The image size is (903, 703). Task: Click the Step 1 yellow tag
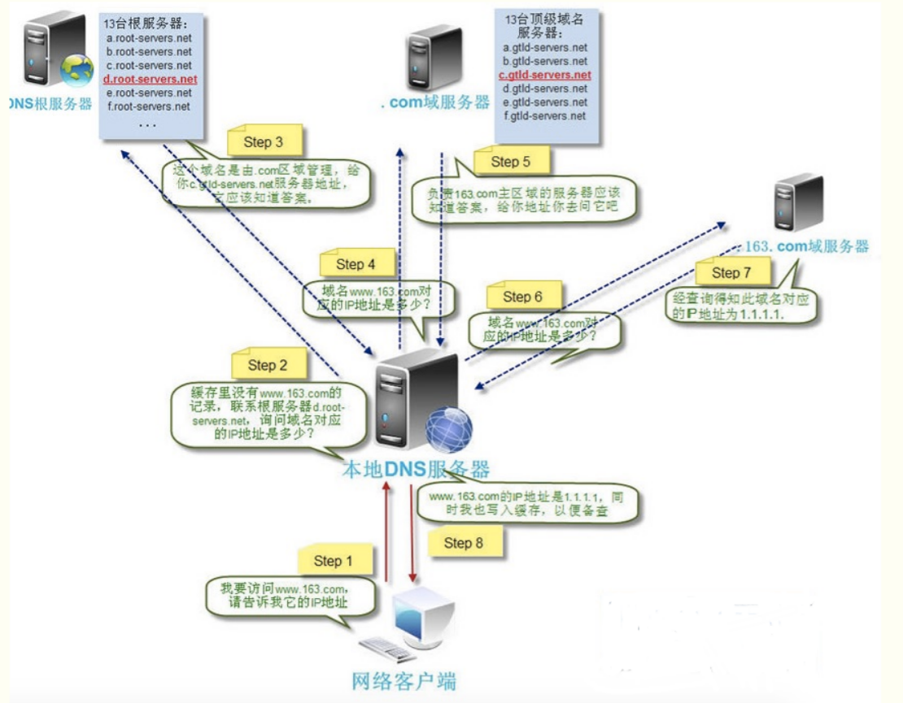334,560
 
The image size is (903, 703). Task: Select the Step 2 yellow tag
267,365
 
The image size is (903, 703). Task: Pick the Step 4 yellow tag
355,264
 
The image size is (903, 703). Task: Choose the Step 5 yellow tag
510,161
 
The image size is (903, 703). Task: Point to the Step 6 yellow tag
522,297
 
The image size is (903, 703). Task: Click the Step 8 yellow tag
464,543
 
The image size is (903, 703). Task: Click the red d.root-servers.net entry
150,79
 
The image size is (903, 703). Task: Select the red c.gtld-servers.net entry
544,75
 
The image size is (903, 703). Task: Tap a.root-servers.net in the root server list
149,37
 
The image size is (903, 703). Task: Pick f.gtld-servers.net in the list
544,116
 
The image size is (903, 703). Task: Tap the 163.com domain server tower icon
796,203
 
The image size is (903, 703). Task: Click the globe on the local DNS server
448,430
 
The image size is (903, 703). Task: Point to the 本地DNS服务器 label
415,469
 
